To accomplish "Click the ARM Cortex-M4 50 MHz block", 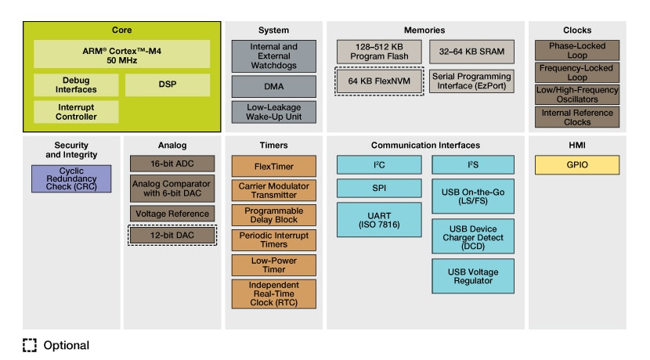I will (121, 54).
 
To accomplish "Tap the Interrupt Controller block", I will (76, 111).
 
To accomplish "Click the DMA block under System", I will (262, 86).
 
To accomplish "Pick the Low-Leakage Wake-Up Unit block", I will (262, 111).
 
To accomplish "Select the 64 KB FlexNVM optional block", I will (379, 81).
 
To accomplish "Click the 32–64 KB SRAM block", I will (471, 52).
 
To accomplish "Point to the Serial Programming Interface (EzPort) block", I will (471, 81).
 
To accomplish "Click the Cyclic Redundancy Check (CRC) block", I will (71, 178).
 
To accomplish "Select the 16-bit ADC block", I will (172, 164).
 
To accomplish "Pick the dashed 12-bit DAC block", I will (172, 235).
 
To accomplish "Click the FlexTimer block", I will (262, 166).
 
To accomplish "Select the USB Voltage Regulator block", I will (472, 275).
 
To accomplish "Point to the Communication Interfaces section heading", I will (425, 145).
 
